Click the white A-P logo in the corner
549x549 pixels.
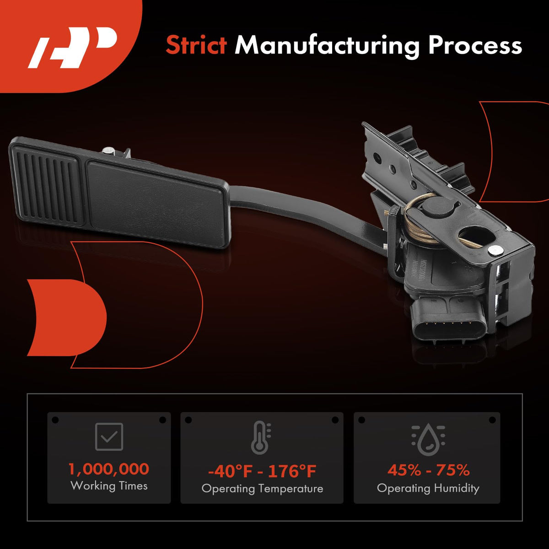pos(72,48)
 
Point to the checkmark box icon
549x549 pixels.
pos(109,437)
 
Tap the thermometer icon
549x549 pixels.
pos(261,438)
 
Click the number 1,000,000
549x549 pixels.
pos(109,469)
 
